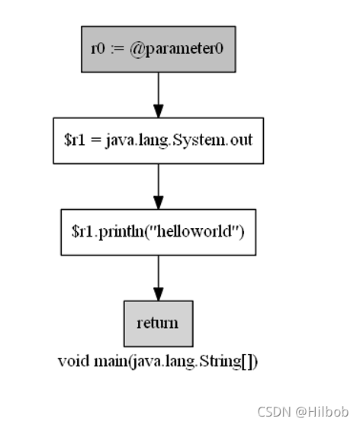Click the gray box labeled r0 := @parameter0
click(158, 49)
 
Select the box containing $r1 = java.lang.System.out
click(158, 140)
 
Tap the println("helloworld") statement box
click(158, 232)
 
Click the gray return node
click(158, 324)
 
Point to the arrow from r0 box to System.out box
click(158, 94)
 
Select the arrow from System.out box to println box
click(158, 185)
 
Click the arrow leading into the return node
click(158, 277)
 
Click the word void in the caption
click(71, 361)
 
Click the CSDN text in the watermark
click(272, 412)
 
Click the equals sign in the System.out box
click(95, 141)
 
